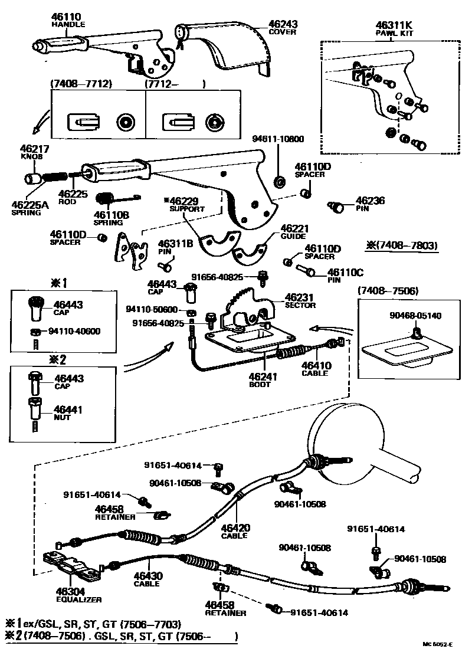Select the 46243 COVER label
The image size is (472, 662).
(283, 27)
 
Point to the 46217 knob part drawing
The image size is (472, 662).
(33, 178)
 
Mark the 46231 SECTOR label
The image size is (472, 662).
(300, 300)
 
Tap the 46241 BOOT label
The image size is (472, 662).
(260, 381)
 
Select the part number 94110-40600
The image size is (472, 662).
(74, 331)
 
